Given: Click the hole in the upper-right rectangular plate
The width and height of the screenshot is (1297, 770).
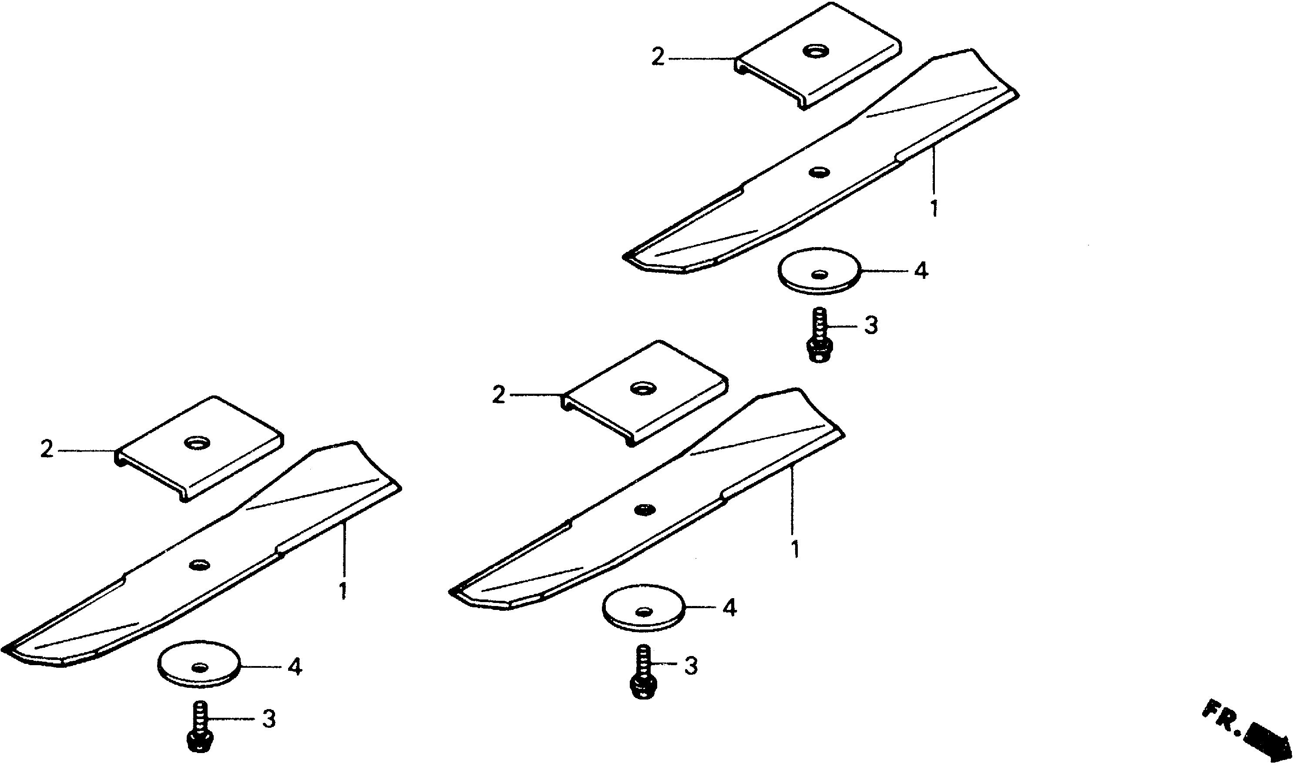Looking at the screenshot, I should [x=815, y=51].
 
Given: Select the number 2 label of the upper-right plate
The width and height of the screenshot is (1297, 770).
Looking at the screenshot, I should [x=658, y=57].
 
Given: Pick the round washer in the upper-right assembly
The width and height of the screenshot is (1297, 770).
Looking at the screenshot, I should [x=819, y=271].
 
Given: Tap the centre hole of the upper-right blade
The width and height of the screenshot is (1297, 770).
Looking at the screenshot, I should [x=819, y=171].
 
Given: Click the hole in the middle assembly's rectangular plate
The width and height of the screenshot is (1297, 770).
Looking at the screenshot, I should [x=642, y=388].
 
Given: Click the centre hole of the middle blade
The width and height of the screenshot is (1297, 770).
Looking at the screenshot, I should [x=644, y=509].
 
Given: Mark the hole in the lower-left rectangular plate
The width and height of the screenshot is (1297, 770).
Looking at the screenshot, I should [x=198, y=442].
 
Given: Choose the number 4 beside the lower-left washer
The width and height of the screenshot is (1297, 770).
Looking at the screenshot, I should [x=295, y=667].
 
